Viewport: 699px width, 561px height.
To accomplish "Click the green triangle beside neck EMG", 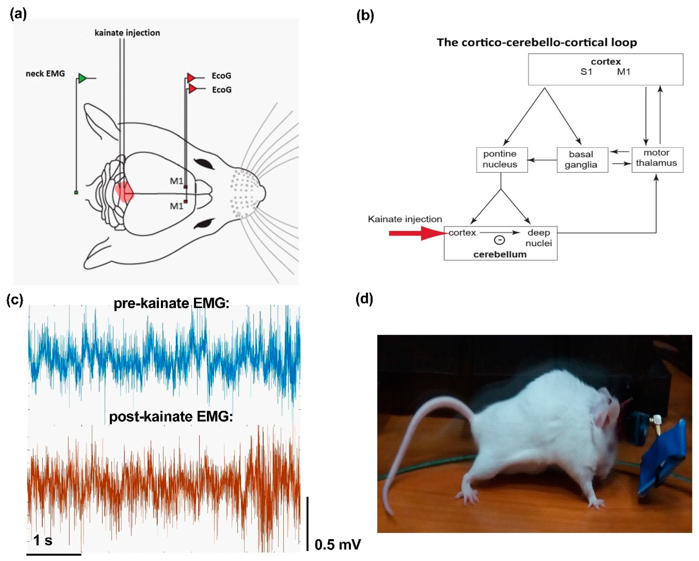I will click(82, 78).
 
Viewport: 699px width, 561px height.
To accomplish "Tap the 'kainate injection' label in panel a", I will click(127, 33).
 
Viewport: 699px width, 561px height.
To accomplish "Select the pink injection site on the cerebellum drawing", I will click(124, 193).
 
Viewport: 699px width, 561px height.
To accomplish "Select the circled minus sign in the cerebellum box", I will click(499, 240).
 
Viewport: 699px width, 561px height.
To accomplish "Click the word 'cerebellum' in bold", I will click(500, 254).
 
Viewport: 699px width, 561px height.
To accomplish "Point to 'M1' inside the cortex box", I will click(624, 72).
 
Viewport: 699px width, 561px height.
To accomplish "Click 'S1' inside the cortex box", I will click(586, 72).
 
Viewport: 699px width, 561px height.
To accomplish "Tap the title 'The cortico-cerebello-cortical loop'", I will click(537, 42).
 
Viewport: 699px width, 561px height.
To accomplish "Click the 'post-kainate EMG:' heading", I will click(171, 417).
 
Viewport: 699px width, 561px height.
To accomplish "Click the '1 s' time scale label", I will click(43, 540).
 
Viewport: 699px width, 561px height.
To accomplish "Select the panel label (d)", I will click(364, 299).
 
